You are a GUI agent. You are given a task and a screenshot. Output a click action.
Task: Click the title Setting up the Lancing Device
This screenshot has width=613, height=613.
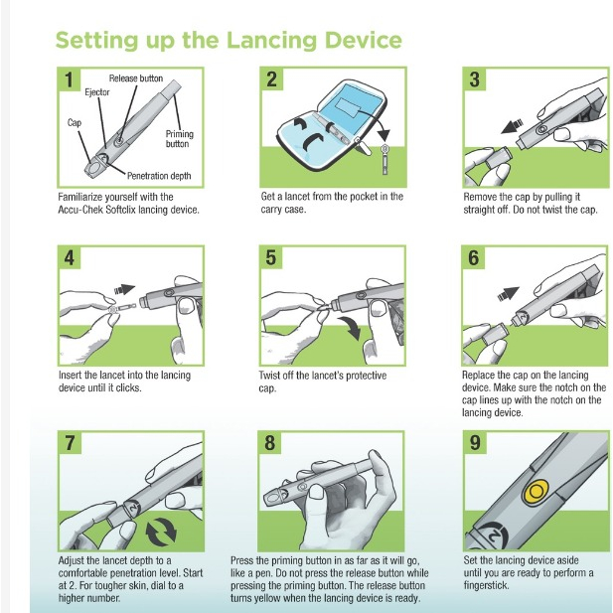229,41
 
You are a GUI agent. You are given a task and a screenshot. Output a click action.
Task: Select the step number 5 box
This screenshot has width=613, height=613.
271,258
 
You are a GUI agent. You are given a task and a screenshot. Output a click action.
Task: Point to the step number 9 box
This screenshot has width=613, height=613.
475,443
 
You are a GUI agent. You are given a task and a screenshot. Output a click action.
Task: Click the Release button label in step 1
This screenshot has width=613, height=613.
136,78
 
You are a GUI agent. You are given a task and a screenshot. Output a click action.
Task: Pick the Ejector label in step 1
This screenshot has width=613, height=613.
97,92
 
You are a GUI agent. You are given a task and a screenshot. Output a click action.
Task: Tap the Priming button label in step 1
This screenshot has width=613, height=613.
179,139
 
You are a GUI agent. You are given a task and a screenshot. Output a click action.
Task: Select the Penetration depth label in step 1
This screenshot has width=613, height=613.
159,176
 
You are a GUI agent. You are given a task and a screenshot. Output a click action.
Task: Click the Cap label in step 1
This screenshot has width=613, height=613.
73,125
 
